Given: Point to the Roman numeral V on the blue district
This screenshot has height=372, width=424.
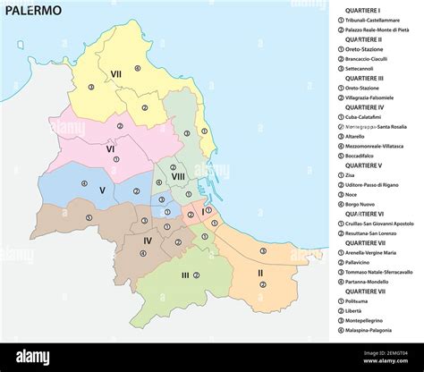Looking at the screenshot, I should pyautogui.click(x=102, y=190).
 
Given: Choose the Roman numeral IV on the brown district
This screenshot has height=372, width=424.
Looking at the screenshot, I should pyautogui.click(x=148, y=240).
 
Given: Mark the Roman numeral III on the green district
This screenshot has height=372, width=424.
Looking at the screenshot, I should pyautogui.click(x=185, y=275).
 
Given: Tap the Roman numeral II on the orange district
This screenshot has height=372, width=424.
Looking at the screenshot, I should pyautogui.click(x=260, y=273).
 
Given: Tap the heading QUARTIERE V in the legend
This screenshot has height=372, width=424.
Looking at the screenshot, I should pyautogui.click(x=368, y=165).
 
